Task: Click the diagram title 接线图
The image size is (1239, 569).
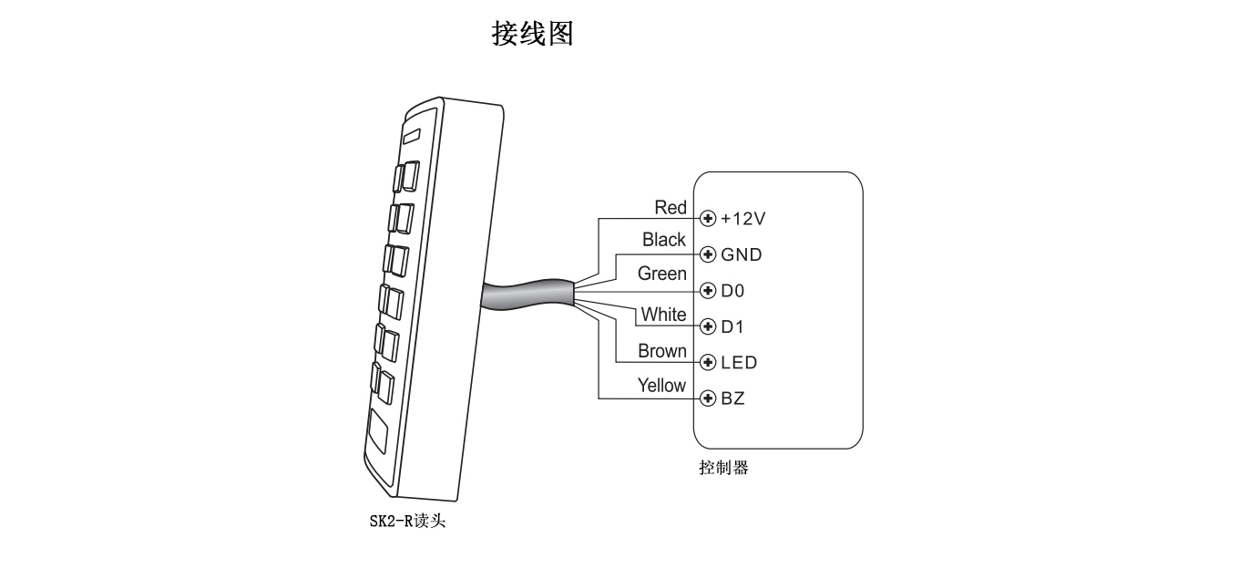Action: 532,34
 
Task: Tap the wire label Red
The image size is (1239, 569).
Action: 671,208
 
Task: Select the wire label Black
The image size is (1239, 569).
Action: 664,240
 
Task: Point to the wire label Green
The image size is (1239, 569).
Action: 662,274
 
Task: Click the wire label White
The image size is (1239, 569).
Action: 663,315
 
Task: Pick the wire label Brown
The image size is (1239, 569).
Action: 662,351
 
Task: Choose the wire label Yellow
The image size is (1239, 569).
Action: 661,385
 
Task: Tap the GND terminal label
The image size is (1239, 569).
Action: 742,254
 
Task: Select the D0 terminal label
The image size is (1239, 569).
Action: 733,291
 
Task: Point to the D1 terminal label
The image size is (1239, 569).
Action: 733,326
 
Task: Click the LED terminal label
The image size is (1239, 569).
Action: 739,363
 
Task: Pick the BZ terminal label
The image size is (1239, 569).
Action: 733,398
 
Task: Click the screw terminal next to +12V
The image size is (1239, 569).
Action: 708,219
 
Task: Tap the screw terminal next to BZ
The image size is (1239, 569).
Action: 708,398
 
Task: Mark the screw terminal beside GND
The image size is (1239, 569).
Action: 708,254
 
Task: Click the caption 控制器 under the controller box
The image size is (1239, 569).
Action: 723,468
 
